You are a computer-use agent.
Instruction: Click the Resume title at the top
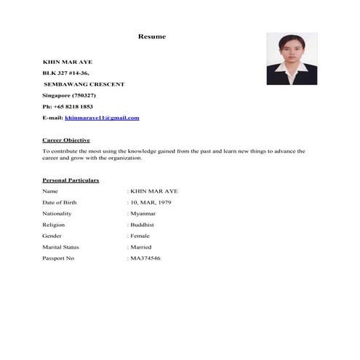[x=152, y=36]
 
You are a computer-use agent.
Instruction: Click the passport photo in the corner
[x=292, y=59]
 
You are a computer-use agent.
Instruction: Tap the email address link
[x=102, y=118]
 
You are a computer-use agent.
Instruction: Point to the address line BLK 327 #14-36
[x=66, y=73]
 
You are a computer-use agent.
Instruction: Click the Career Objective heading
[x=66, y=140]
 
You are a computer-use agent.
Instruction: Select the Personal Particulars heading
[x=71, y=180]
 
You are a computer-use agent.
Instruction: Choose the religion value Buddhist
[x=143, y=225]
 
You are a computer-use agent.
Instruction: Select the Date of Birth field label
[x=59, y=202]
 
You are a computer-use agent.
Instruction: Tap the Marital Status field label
[x=60, y=247]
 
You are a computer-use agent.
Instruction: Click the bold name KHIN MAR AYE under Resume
[x=68, y=62]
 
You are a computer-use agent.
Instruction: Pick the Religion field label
[x=54, y=225]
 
